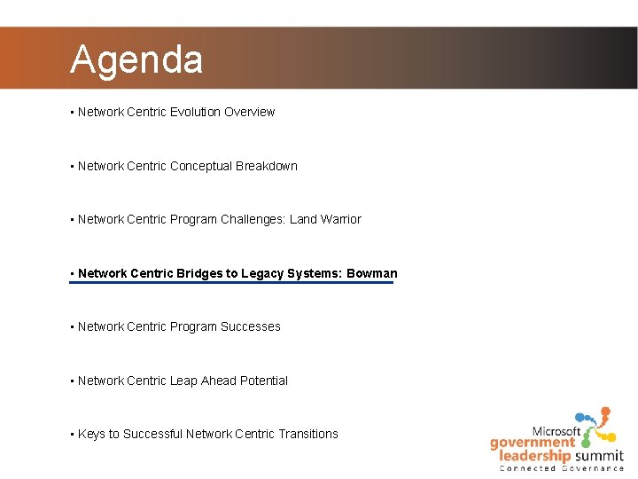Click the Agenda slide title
136,59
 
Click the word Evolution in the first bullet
195,112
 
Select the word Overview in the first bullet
249,112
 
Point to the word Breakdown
267,166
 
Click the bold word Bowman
371,273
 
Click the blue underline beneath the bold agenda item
232,283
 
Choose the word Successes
251,326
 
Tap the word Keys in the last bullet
91,434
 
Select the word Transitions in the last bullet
308,434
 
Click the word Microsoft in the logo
556,432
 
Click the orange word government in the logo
532,443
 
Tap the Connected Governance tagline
562,468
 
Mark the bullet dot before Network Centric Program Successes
71,327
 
